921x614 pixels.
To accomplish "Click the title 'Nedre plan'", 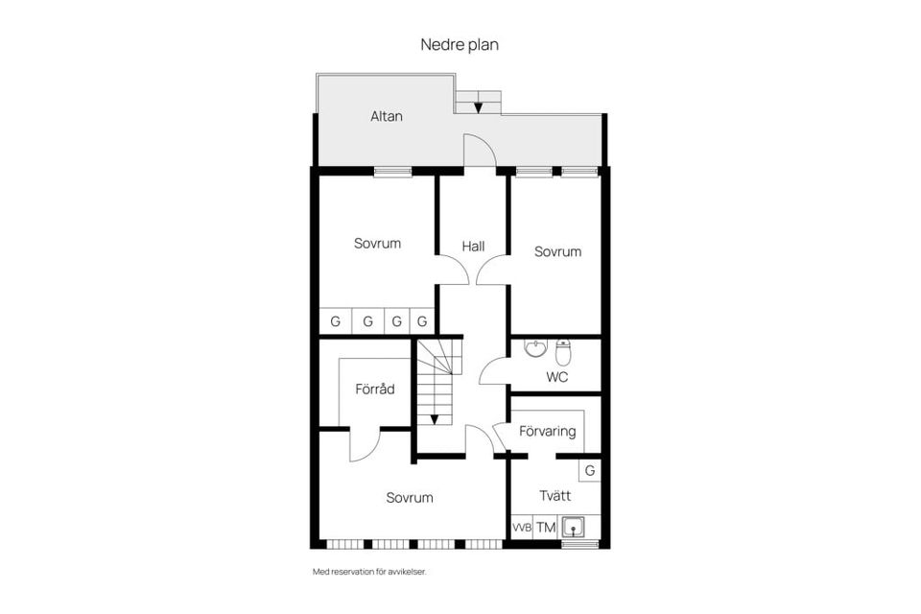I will (x=460, y=44).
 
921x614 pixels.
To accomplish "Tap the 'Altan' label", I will (x=387, y=116).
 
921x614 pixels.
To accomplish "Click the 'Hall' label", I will (x=473, y=247).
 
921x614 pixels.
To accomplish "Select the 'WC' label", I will (x=556, y=377).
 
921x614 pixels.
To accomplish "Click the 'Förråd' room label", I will (x=375, y=389).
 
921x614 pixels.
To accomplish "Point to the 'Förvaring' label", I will (x=547, y=431).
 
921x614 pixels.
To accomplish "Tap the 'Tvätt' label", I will (x=555, y=496).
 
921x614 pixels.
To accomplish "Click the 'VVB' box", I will (x=521, y=528).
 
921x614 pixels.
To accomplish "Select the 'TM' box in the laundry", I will (x=546, y=528).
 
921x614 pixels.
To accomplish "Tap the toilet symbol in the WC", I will (x=563, y=351).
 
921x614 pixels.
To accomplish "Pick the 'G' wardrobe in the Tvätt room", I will (x=590, y=470).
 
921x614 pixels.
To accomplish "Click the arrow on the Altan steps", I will (x=478, y=106).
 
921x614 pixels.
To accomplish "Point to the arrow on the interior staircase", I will (x=435, y=417).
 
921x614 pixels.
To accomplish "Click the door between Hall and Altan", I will (x=480, y=152).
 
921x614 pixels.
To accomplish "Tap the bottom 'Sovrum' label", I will (x=410, y=497).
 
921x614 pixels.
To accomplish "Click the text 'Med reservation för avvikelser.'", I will (x=369, y=572).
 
